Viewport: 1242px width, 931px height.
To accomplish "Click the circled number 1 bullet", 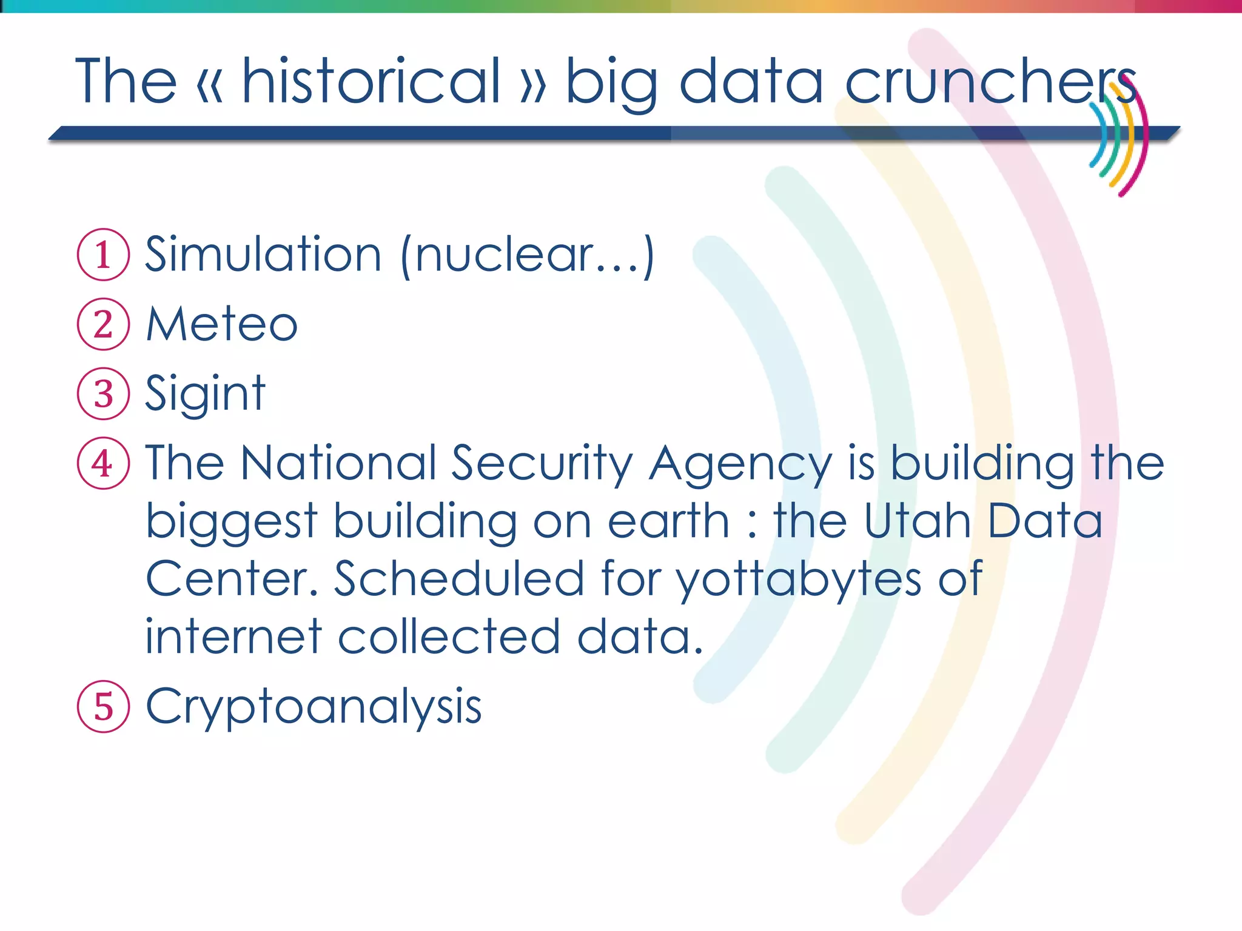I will (103, 255).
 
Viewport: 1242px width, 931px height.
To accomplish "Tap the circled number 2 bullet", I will (103, 324).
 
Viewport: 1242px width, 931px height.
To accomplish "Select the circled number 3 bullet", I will (103, 394).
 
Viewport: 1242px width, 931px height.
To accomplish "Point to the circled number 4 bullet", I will (103, 464).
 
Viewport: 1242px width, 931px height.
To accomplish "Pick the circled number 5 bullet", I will (103, 707).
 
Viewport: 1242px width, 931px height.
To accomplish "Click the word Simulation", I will (263, 255).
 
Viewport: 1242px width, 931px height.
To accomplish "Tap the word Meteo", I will (222, 324).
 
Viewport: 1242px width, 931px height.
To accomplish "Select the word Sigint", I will (206, 394).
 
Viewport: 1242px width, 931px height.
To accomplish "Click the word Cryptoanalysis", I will (314, 707).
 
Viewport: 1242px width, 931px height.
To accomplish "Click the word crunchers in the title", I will (990, 82).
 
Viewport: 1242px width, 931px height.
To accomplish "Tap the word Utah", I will (918, 521).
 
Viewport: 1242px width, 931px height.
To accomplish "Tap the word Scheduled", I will (459, 579).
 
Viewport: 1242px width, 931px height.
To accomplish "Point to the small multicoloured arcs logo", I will (1119, 140).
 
